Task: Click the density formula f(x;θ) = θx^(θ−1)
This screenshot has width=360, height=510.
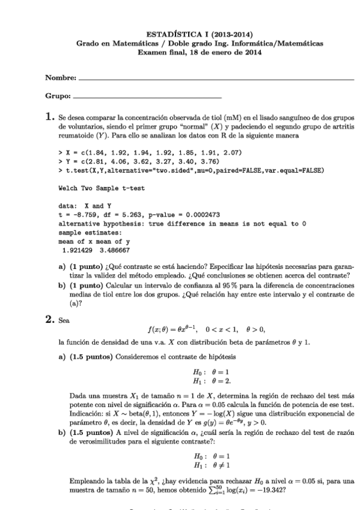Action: [181, 329]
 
